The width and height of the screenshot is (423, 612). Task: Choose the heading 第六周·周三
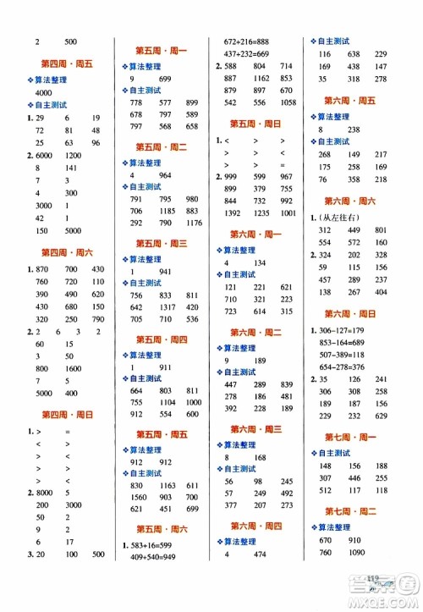(x=255, y=429)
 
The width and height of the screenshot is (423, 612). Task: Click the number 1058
(x=285, y=102)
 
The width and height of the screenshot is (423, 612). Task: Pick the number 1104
(x=166, y=402)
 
